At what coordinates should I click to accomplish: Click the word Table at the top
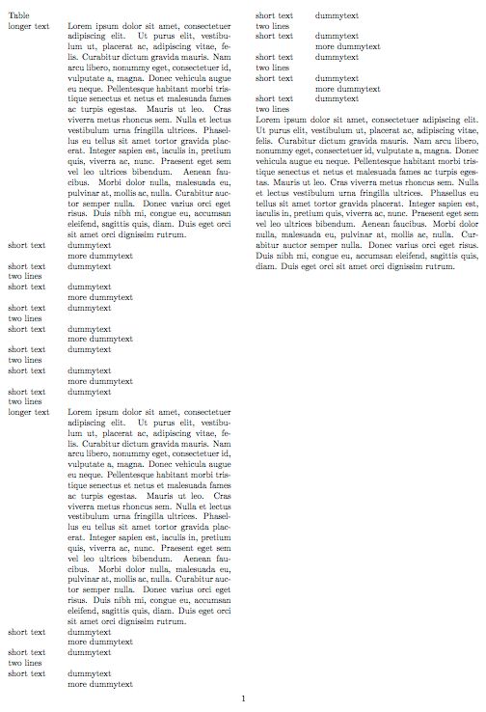[18, 16]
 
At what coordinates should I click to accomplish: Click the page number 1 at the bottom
[244, 698]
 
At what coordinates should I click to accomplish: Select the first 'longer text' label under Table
[28, 26]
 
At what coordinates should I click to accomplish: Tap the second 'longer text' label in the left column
[28, 412]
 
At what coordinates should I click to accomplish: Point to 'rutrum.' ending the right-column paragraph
[434, 265]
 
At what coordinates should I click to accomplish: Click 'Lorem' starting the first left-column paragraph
[81, 26]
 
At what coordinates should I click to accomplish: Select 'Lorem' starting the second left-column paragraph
[81, 412]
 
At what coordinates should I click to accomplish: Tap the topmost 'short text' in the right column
[274, 16]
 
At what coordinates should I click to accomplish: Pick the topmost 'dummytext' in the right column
[337, 16]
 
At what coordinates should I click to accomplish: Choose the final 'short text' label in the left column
[26, 673]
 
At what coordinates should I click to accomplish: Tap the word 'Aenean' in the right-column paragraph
[367, 223]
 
